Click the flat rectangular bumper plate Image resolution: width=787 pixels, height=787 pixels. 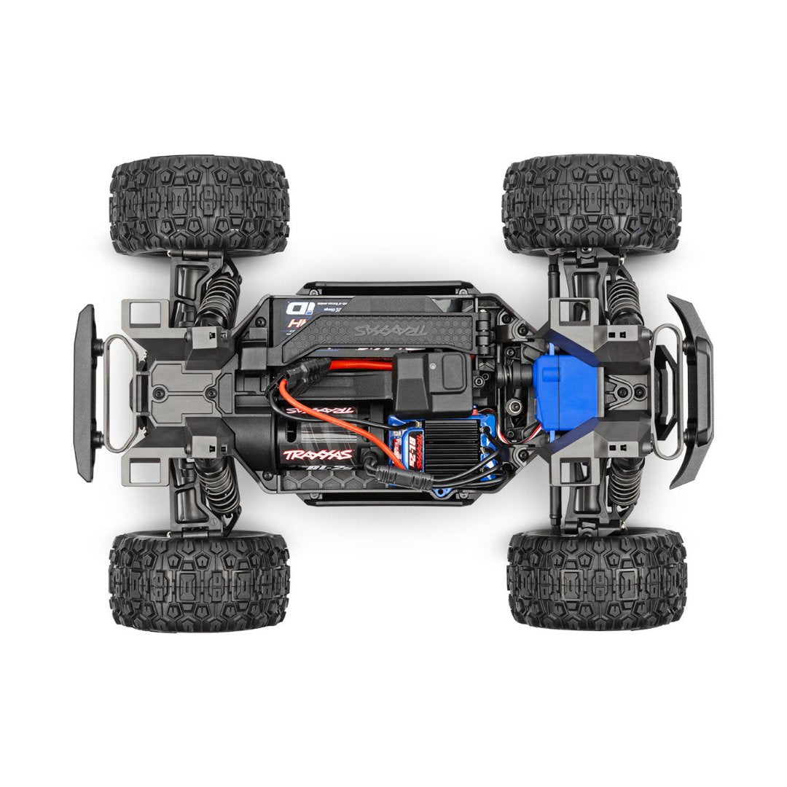point(85,393)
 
